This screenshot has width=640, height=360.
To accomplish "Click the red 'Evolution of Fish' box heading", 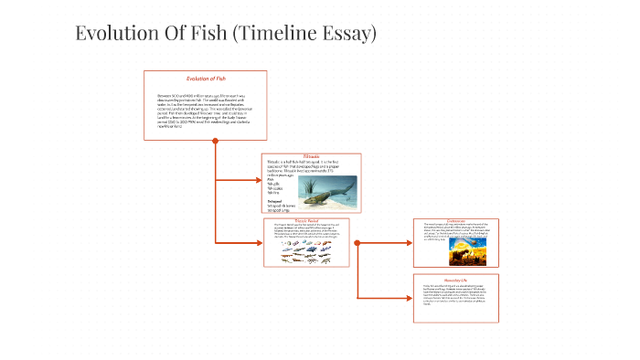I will (206, 79).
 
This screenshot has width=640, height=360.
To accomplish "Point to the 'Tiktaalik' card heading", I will (312, 157).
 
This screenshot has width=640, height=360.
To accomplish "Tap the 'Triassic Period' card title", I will (312, 221).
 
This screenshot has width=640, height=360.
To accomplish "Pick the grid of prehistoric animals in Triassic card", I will (312, 257).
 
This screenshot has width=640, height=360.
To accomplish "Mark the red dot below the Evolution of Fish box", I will (215, 141).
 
